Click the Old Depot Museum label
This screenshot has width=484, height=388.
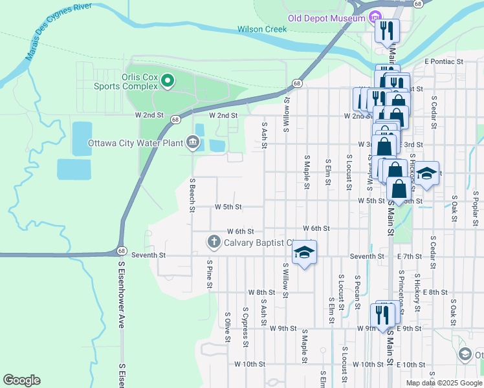[327, 19]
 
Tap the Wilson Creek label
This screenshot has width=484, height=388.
[261, 29]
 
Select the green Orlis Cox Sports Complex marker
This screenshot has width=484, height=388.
[168, 81]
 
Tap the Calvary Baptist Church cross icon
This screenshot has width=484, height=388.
[214, 242]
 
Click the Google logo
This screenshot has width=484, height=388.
[21, 380]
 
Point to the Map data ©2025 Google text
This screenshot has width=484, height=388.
[443, 383]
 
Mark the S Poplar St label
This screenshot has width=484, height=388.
[475, 206]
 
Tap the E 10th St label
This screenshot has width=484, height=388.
[410, 365]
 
